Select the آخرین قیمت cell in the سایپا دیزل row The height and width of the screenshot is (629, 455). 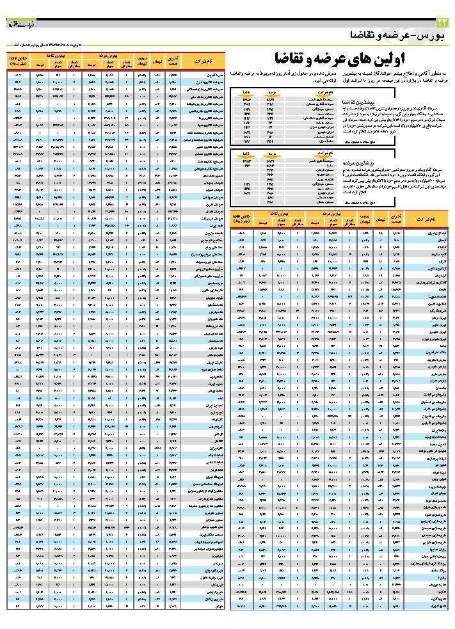coord(395,605)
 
